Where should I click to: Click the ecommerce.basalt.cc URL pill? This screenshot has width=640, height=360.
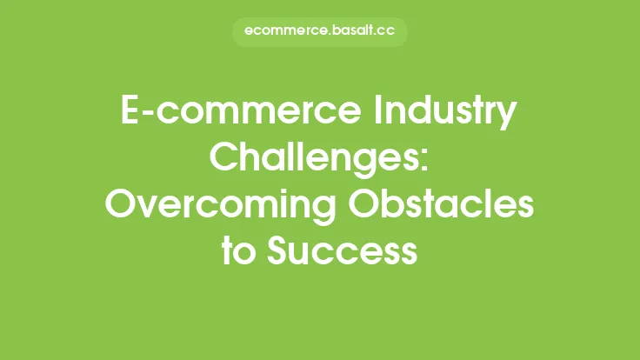pyautogui.click(x=320, y=32)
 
